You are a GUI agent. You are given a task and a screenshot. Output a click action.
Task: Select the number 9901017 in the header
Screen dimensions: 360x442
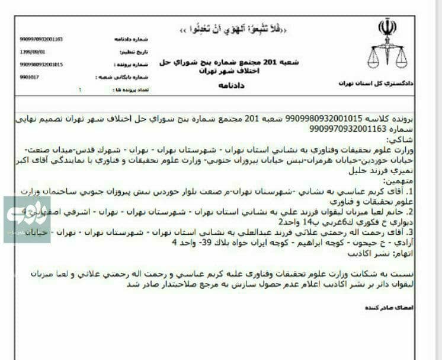29,77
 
